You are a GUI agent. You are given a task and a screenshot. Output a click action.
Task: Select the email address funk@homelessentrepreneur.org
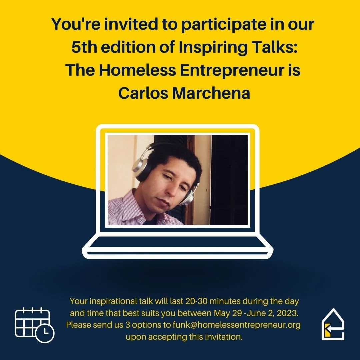click(237, 325)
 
